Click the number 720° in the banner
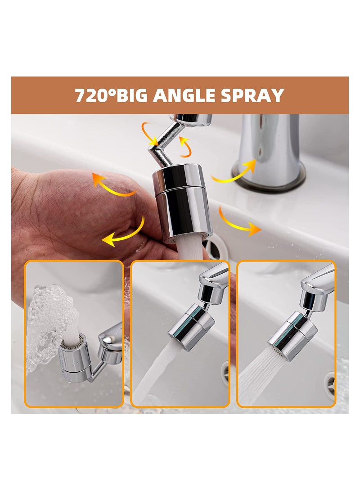94,95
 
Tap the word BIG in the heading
133,95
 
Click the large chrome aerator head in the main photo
182,205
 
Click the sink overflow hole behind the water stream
214,245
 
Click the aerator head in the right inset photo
292,335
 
